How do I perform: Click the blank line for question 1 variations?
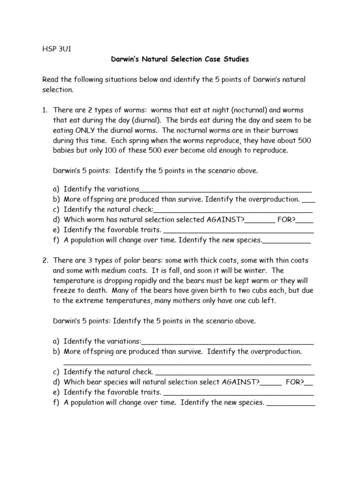[225, 190]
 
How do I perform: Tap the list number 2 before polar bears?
[45, 260]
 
